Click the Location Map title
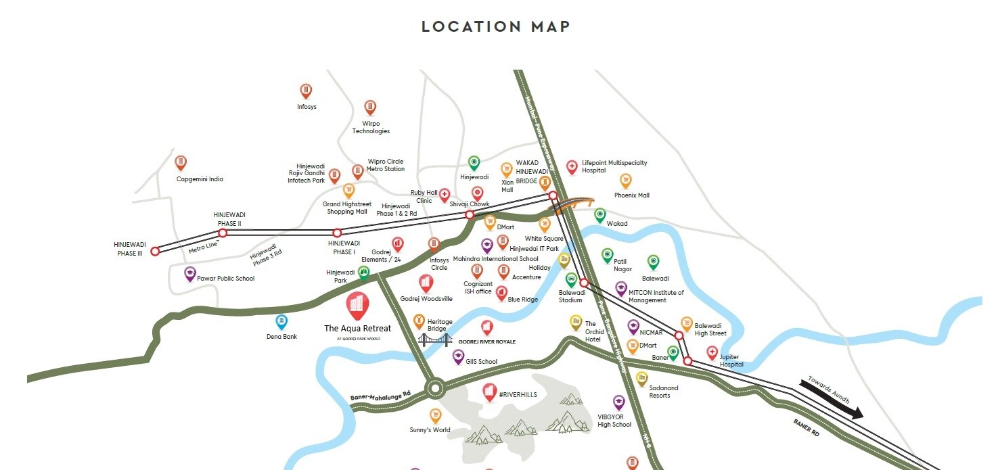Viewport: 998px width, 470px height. point(496,27)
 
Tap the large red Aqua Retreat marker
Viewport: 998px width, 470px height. point(358,305)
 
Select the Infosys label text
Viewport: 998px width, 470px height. point(307,107)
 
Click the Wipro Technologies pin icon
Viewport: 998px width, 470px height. point(370,107)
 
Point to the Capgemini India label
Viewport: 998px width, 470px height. point(200,179)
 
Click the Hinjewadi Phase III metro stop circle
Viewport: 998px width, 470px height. point(155,251)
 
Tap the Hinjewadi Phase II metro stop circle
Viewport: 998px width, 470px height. point(222,233)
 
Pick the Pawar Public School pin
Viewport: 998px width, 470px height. point(190,274)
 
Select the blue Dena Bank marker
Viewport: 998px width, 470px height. point(281,322)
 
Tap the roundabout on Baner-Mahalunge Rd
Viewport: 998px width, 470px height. point(434,389)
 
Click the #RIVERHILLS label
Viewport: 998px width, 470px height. point(518,395)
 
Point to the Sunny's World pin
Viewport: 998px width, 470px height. point(435,415)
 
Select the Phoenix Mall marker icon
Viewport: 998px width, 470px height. point(626,180)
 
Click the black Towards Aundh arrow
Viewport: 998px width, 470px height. point(832,399)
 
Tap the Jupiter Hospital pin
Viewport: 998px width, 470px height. point(712,352)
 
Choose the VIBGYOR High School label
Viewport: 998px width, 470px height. point(614,421)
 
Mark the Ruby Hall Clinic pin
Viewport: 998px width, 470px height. point(445,195)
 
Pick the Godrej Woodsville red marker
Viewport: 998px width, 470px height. point(426,283)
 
